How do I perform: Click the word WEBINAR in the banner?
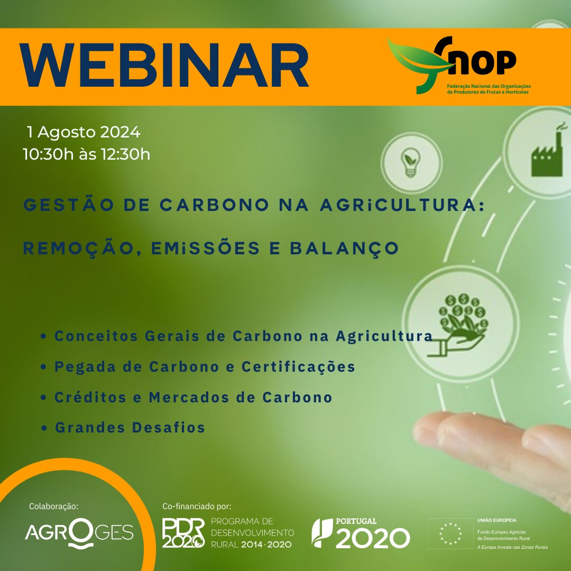(164, 66)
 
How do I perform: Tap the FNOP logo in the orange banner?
(459, 65)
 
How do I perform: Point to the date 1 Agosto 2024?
(84, 132)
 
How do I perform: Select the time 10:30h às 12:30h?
(86, 154)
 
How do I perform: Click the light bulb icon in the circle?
(410, 162)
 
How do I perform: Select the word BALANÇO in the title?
(345, 249)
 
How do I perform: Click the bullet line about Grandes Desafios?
(123, 428)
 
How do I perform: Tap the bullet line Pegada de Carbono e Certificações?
(198, 367)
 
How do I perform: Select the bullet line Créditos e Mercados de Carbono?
(187, 397)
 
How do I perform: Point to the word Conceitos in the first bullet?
(96, 336)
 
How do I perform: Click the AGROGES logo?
(79, 533)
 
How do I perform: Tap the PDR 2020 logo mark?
(183, 533)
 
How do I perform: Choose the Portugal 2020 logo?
(361, 533)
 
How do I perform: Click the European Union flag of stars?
(450, 533)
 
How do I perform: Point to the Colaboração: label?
(53, 506)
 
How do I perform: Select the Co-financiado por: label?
(197, 506)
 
